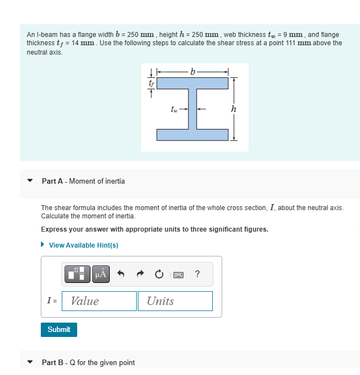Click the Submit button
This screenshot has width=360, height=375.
pos(59,330)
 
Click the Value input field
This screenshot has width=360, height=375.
pos(99,301)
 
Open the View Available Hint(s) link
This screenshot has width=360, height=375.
pos(83,245)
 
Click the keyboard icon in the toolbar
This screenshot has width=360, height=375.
pos(178,274)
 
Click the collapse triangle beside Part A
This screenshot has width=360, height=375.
pos(30,181)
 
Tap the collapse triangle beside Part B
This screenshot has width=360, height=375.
pos(30,362)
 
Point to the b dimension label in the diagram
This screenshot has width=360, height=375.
pos(192,71)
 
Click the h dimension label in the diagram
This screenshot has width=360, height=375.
pos(234,109)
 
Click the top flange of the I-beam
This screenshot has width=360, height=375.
pos(192,83)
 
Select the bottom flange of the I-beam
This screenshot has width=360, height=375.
pos(192,135)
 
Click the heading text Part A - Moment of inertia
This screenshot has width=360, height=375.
pos(83,181)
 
